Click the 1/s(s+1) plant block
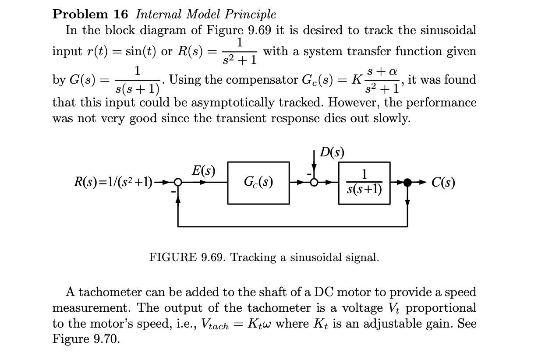(x=364, y=183)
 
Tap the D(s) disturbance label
(x=332, y=152)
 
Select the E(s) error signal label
(x=204, y=170)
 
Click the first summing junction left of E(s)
(x=178, y=183)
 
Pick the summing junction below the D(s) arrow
(x=314, y=183)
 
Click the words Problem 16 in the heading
(x=90, y=14)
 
